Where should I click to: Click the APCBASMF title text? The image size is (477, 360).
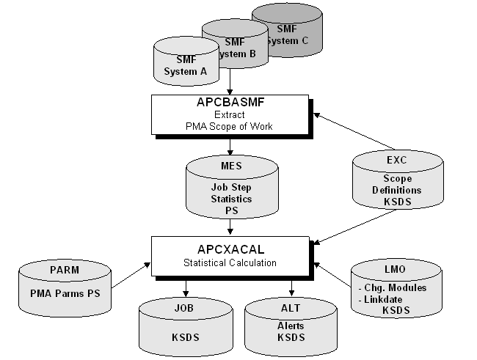tap(231, 103)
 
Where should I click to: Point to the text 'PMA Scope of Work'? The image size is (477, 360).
tap(231, 126)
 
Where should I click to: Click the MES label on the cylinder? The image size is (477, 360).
tap(231, 166)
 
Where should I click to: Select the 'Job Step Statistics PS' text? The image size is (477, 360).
tap(231, 199)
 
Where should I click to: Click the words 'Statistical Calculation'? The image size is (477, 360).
tap(231, 262)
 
